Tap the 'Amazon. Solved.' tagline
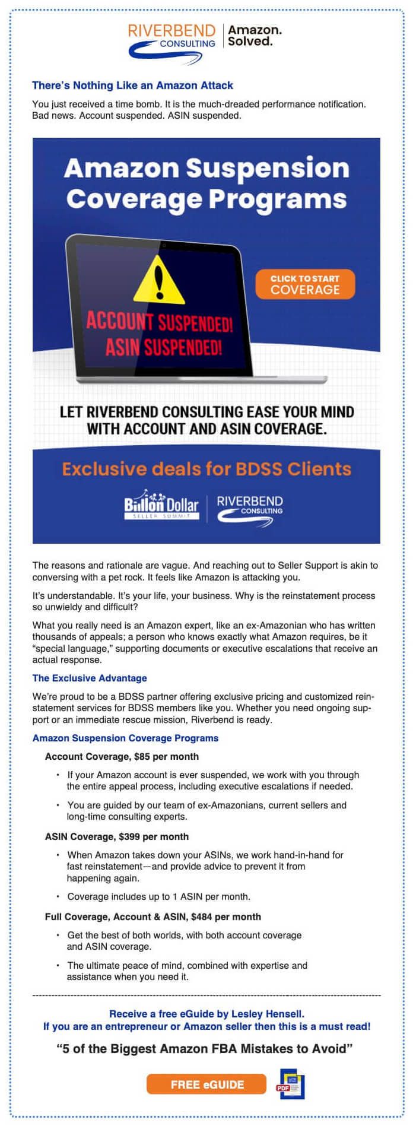pos(255,36)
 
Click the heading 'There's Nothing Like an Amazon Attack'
pos(132,85)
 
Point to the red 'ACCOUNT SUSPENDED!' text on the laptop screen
pos(159,322)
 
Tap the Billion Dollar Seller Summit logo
pos(161,505)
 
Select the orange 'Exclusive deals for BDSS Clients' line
pos(206,469)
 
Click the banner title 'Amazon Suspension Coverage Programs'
pos(206,183)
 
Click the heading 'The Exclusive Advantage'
pos(90,678)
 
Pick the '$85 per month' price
pos(167,756)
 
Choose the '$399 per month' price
pos(154,836)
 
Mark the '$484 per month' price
pos(226,916)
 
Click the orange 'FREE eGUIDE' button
pos(207,1084)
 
